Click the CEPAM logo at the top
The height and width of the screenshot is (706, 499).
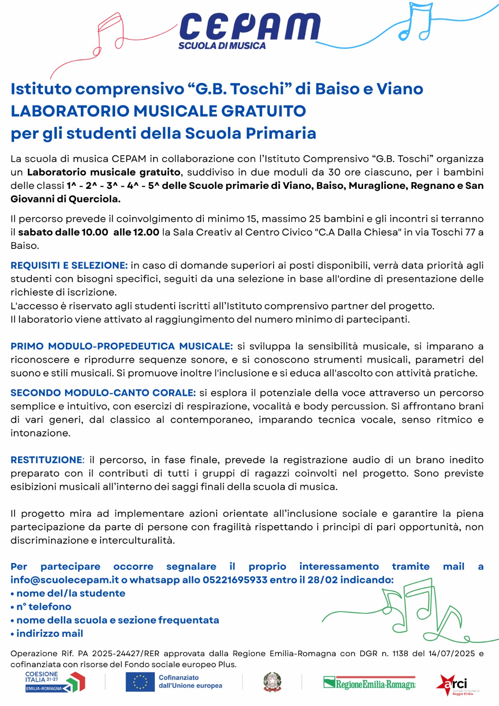coord(250,27)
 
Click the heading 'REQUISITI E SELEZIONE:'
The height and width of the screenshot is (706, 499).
coord(69,265)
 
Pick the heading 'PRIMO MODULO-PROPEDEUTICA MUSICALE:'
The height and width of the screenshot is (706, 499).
coord(121,346)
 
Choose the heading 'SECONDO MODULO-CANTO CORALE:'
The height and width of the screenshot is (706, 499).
coord(103,393)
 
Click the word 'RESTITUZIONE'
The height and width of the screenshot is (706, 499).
coord(46,460)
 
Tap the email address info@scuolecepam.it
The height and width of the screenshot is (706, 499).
coord(65,580)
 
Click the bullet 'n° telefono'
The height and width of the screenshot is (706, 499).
coord(43,607)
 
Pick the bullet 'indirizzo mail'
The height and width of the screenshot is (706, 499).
coord(49,634)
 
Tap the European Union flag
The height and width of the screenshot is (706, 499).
coord(140,682)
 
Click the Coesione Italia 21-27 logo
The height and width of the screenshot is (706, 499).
coord(55,682)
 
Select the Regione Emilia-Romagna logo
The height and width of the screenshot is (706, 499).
coord(369,683)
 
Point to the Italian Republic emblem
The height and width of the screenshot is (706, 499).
coord(272,682)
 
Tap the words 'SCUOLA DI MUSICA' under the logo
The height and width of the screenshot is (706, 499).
coord(222,46)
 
